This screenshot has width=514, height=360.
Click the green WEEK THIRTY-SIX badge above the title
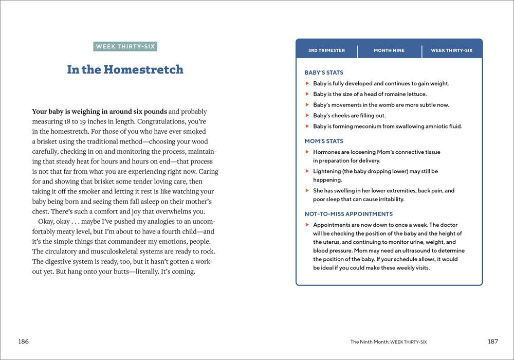125,47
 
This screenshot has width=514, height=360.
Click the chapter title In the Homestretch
125,69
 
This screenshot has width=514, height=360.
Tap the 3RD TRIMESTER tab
326,50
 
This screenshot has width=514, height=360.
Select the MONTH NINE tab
389,50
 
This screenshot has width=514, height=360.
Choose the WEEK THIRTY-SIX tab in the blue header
451,50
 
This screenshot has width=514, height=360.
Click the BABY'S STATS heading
324,73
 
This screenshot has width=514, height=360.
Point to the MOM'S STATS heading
324,141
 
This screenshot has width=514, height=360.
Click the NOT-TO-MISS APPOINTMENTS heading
348,214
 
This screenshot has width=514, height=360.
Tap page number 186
23,341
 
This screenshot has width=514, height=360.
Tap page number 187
492,341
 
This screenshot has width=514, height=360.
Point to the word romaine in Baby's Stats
391,94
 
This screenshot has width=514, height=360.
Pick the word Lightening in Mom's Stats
330,171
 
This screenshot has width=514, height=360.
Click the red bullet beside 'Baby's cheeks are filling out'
307,116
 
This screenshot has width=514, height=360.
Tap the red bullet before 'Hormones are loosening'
307,152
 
